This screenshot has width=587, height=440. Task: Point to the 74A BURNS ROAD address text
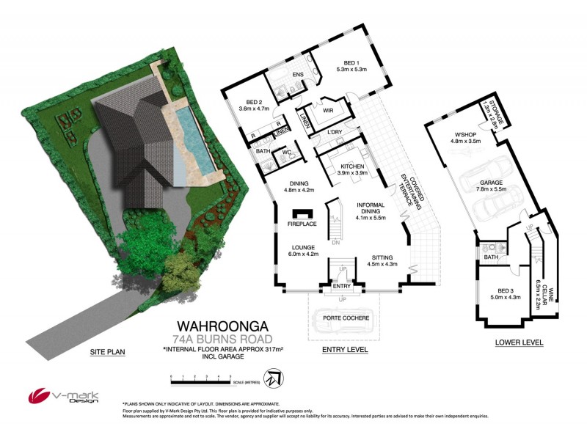point(224,339)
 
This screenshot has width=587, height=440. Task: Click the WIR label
point(329,111)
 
